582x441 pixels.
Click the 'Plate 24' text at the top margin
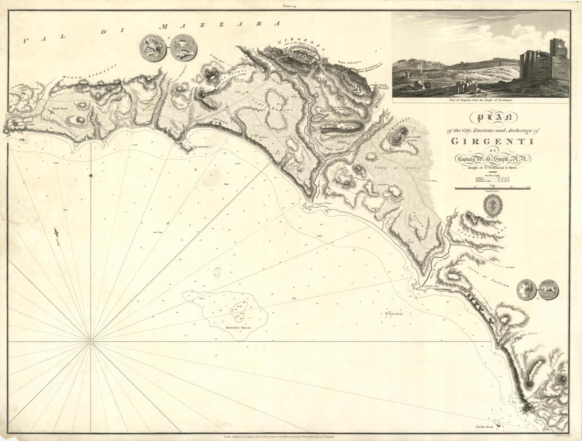pos(291,6)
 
